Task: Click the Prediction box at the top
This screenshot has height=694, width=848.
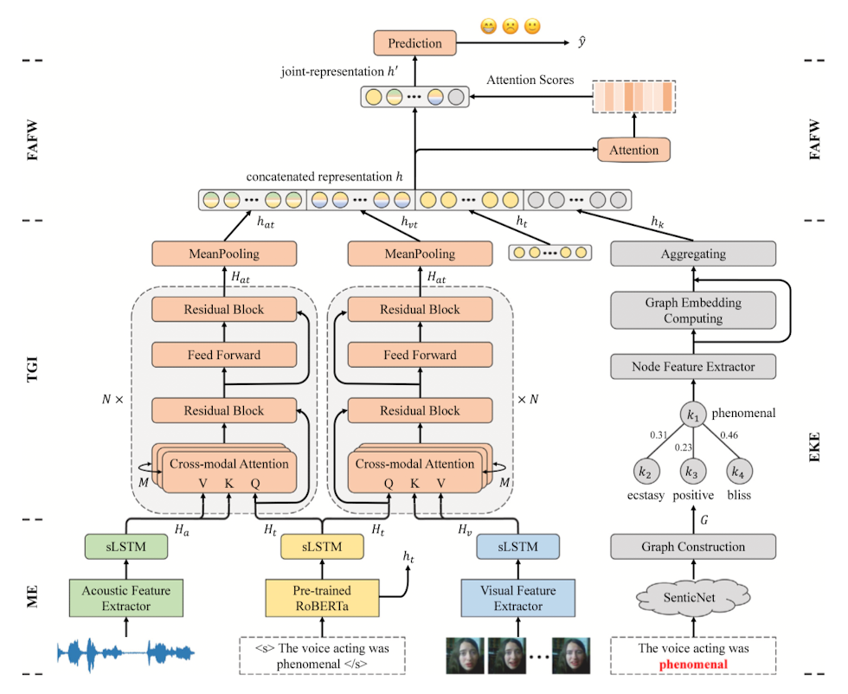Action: pyautogui.click(x=414, y=43)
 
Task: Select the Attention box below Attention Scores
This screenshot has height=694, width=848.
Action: pyautogui.click(x=635, y=150)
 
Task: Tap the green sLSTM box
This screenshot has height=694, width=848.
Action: pyautogui.click(x=125, y=547)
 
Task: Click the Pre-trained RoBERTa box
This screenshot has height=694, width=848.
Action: pyautogui.click(x=322, y=598)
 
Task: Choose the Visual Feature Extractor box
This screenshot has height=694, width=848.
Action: pyautogui.click(x=518, y=598)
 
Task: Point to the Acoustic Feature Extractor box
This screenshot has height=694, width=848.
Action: pyautogui.click(x=126, y=598)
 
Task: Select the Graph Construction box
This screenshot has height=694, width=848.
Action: pyautogui.click(x=692, y=547)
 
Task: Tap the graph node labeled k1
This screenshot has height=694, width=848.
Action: pyautogui.click(x=692, y=415)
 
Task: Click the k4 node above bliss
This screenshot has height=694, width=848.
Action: pyautogui.click(x=737, y=472)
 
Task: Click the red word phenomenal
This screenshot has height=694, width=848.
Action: pyautogui.click(x=692, y=665)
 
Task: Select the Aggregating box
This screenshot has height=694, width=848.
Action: pyautogui.click(x=692, y=254)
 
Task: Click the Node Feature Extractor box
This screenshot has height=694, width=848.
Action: pyautogui.click(x=692, y=367)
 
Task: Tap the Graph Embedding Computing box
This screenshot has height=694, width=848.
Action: pyautogui.click(x=692, y=311)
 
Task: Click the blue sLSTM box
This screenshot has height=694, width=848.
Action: pyautogui.click(x=518, y=547)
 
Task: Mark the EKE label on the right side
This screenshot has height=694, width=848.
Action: pyautogui.click(x=817, y=451)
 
